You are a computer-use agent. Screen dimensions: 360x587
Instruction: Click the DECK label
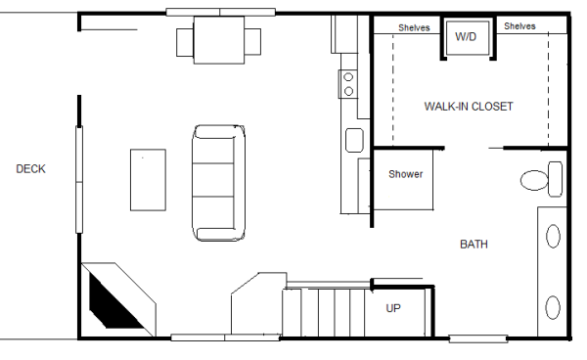tap(30, 169)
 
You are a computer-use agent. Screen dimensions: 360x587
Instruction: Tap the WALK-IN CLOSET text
tap(468, 106)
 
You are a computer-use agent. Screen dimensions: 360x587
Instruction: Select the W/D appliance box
tap(466, 37)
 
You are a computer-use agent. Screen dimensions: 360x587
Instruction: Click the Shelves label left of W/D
tap(414, 27)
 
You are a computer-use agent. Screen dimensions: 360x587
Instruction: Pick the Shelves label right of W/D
tap(519, 27)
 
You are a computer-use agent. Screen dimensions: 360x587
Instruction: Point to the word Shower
tap(405, 174)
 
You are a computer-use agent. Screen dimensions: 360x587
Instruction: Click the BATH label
tap(474, 245)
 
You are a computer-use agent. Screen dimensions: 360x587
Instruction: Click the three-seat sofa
tap(215, 182)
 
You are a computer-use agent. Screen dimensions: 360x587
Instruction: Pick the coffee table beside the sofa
tap(148, 179)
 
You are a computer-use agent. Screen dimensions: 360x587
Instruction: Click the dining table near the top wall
tap(219, 40)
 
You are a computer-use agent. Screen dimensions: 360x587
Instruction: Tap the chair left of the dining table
tap(186, 41)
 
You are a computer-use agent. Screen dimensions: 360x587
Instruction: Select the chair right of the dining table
tap(253, 41)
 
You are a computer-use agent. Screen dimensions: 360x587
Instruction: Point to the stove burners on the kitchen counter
tap(347, 84)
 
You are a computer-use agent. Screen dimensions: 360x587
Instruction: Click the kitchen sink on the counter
tap(353, 140)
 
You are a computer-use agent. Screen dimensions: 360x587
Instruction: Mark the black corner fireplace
tap(110, 302)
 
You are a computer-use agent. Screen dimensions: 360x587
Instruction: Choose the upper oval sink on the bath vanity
tap(553, 236)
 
